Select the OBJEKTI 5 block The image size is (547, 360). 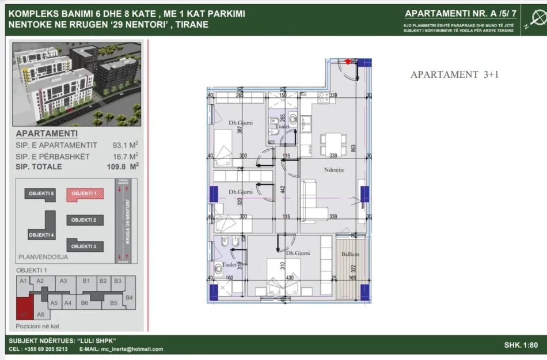click(41, 194)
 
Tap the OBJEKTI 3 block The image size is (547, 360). click(86, 246)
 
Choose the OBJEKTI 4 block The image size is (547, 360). click(41, 234)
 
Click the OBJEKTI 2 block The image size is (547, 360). click(86, 220)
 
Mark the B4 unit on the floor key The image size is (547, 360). click(129, 297)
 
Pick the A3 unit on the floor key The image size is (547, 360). click(64, 281)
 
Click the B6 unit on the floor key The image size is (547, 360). click(84, 302)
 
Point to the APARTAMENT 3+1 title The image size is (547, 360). click(454, 74)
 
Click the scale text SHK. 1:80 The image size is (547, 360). click(521, 344)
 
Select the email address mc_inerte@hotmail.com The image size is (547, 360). click(130, 349)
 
